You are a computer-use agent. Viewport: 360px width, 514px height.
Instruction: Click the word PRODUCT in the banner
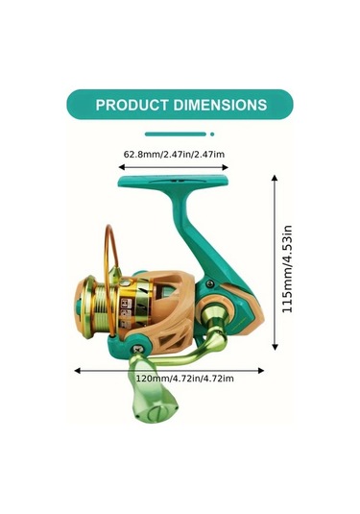(132, 105)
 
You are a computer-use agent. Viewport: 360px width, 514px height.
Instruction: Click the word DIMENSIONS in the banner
(220, 105)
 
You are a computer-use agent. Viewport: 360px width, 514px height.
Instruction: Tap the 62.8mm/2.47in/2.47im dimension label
(174, 154)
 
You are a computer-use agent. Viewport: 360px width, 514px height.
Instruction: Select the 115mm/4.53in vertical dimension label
(287, 269)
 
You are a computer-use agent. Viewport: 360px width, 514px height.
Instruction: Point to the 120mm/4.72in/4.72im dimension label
(185, 379)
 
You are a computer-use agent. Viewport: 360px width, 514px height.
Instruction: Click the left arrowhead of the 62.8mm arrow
(122, 167)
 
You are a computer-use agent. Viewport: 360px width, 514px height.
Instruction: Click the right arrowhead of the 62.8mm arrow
(225, 167)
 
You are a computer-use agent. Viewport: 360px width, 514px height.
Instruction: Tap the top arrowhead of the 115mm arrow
(275, 179)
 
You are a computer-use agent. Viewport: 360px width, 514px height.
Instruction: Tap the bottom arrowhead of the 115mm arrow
(275, 347)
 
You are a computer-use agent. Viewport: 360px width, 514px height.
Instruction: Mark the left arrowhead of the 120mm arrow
(78, 371)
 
